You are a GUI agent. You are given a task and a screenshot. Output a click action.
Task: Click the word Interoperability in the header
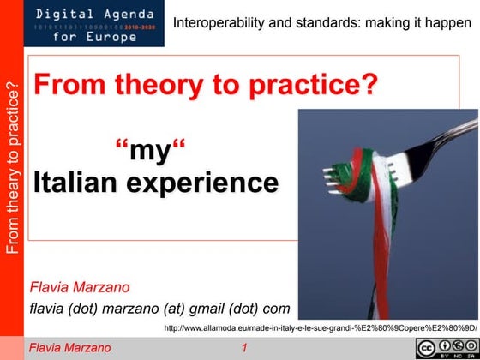(215, 23)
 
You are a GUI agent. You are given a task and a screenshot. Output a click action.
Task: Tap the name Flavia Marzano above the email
(81, 286)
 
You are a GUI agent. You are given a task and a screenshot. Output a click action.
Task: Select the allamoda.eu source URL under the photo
(319, 327)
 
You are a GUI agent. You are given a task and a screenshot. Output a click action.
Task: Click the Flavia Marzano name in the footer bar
(70, 348)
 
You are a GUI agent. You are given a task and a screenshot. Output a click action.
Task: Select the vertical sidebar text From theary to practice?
(11, 168)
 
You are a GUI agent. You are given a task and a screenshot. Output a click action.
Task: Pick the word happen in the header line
(452, 23)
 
